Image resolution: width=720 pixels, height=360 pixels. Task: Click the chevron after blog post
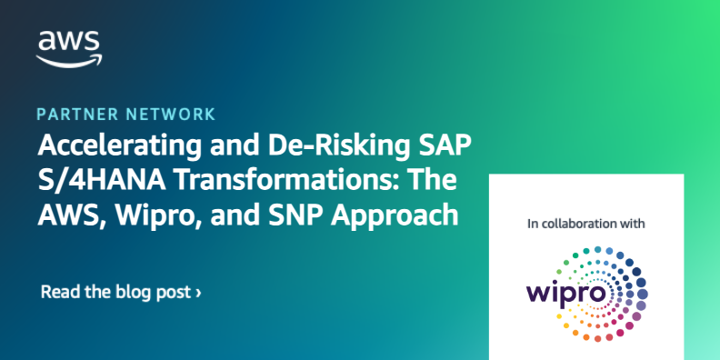click(198, 293)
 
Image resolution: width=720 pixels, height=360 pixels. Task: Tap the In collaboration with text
click(586, 223)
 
